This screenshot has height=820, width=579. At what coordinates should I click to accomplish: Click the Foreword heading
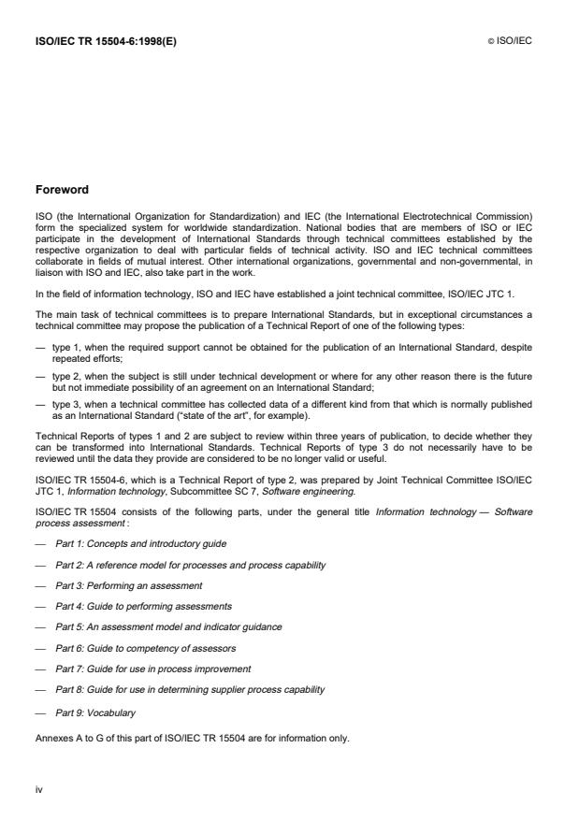62,190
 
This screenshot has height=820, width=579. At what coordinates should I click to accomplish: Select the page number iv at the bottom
39,788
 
